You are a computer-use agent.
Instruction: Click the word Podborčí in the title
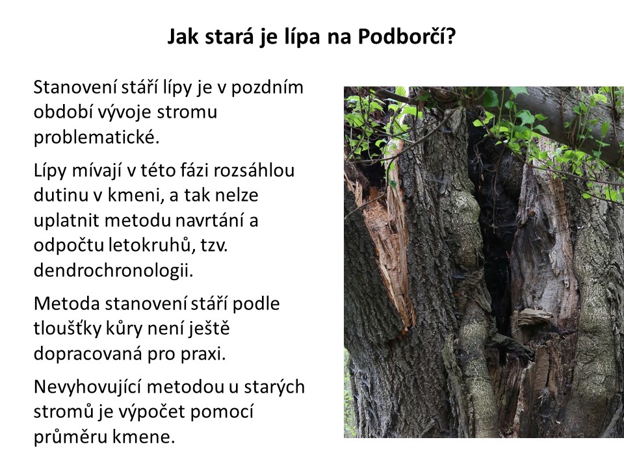tap(406, 36)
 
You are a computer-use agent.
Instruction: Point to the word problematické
tap(96, 137)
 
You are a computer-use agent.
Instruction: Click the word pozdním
tap(267, 88)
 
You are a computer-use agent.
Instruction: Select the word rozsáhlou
tap(254, 170)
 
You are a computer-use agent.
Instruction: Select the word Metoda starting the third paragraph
tap(67, 304)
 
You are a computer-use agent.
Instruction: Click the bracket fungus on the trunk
tap(533, 317)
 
